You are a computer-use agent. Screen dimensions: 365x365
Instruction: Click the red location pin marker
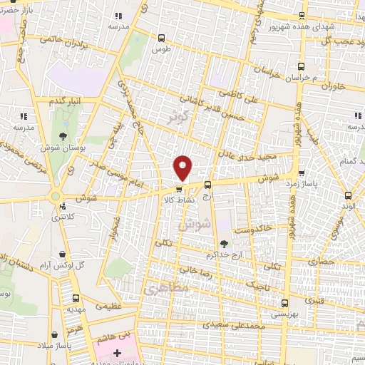[x=184, y=168]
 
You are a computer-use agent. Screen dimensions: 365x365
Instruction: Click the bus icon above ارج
[x=207, y=185]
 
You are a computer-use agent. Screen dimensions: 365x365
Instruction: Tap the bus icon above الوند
[x=348, y=195]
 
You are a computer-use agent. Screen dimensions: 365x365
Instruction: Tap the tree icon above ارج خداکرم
[x=224, y=244]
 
